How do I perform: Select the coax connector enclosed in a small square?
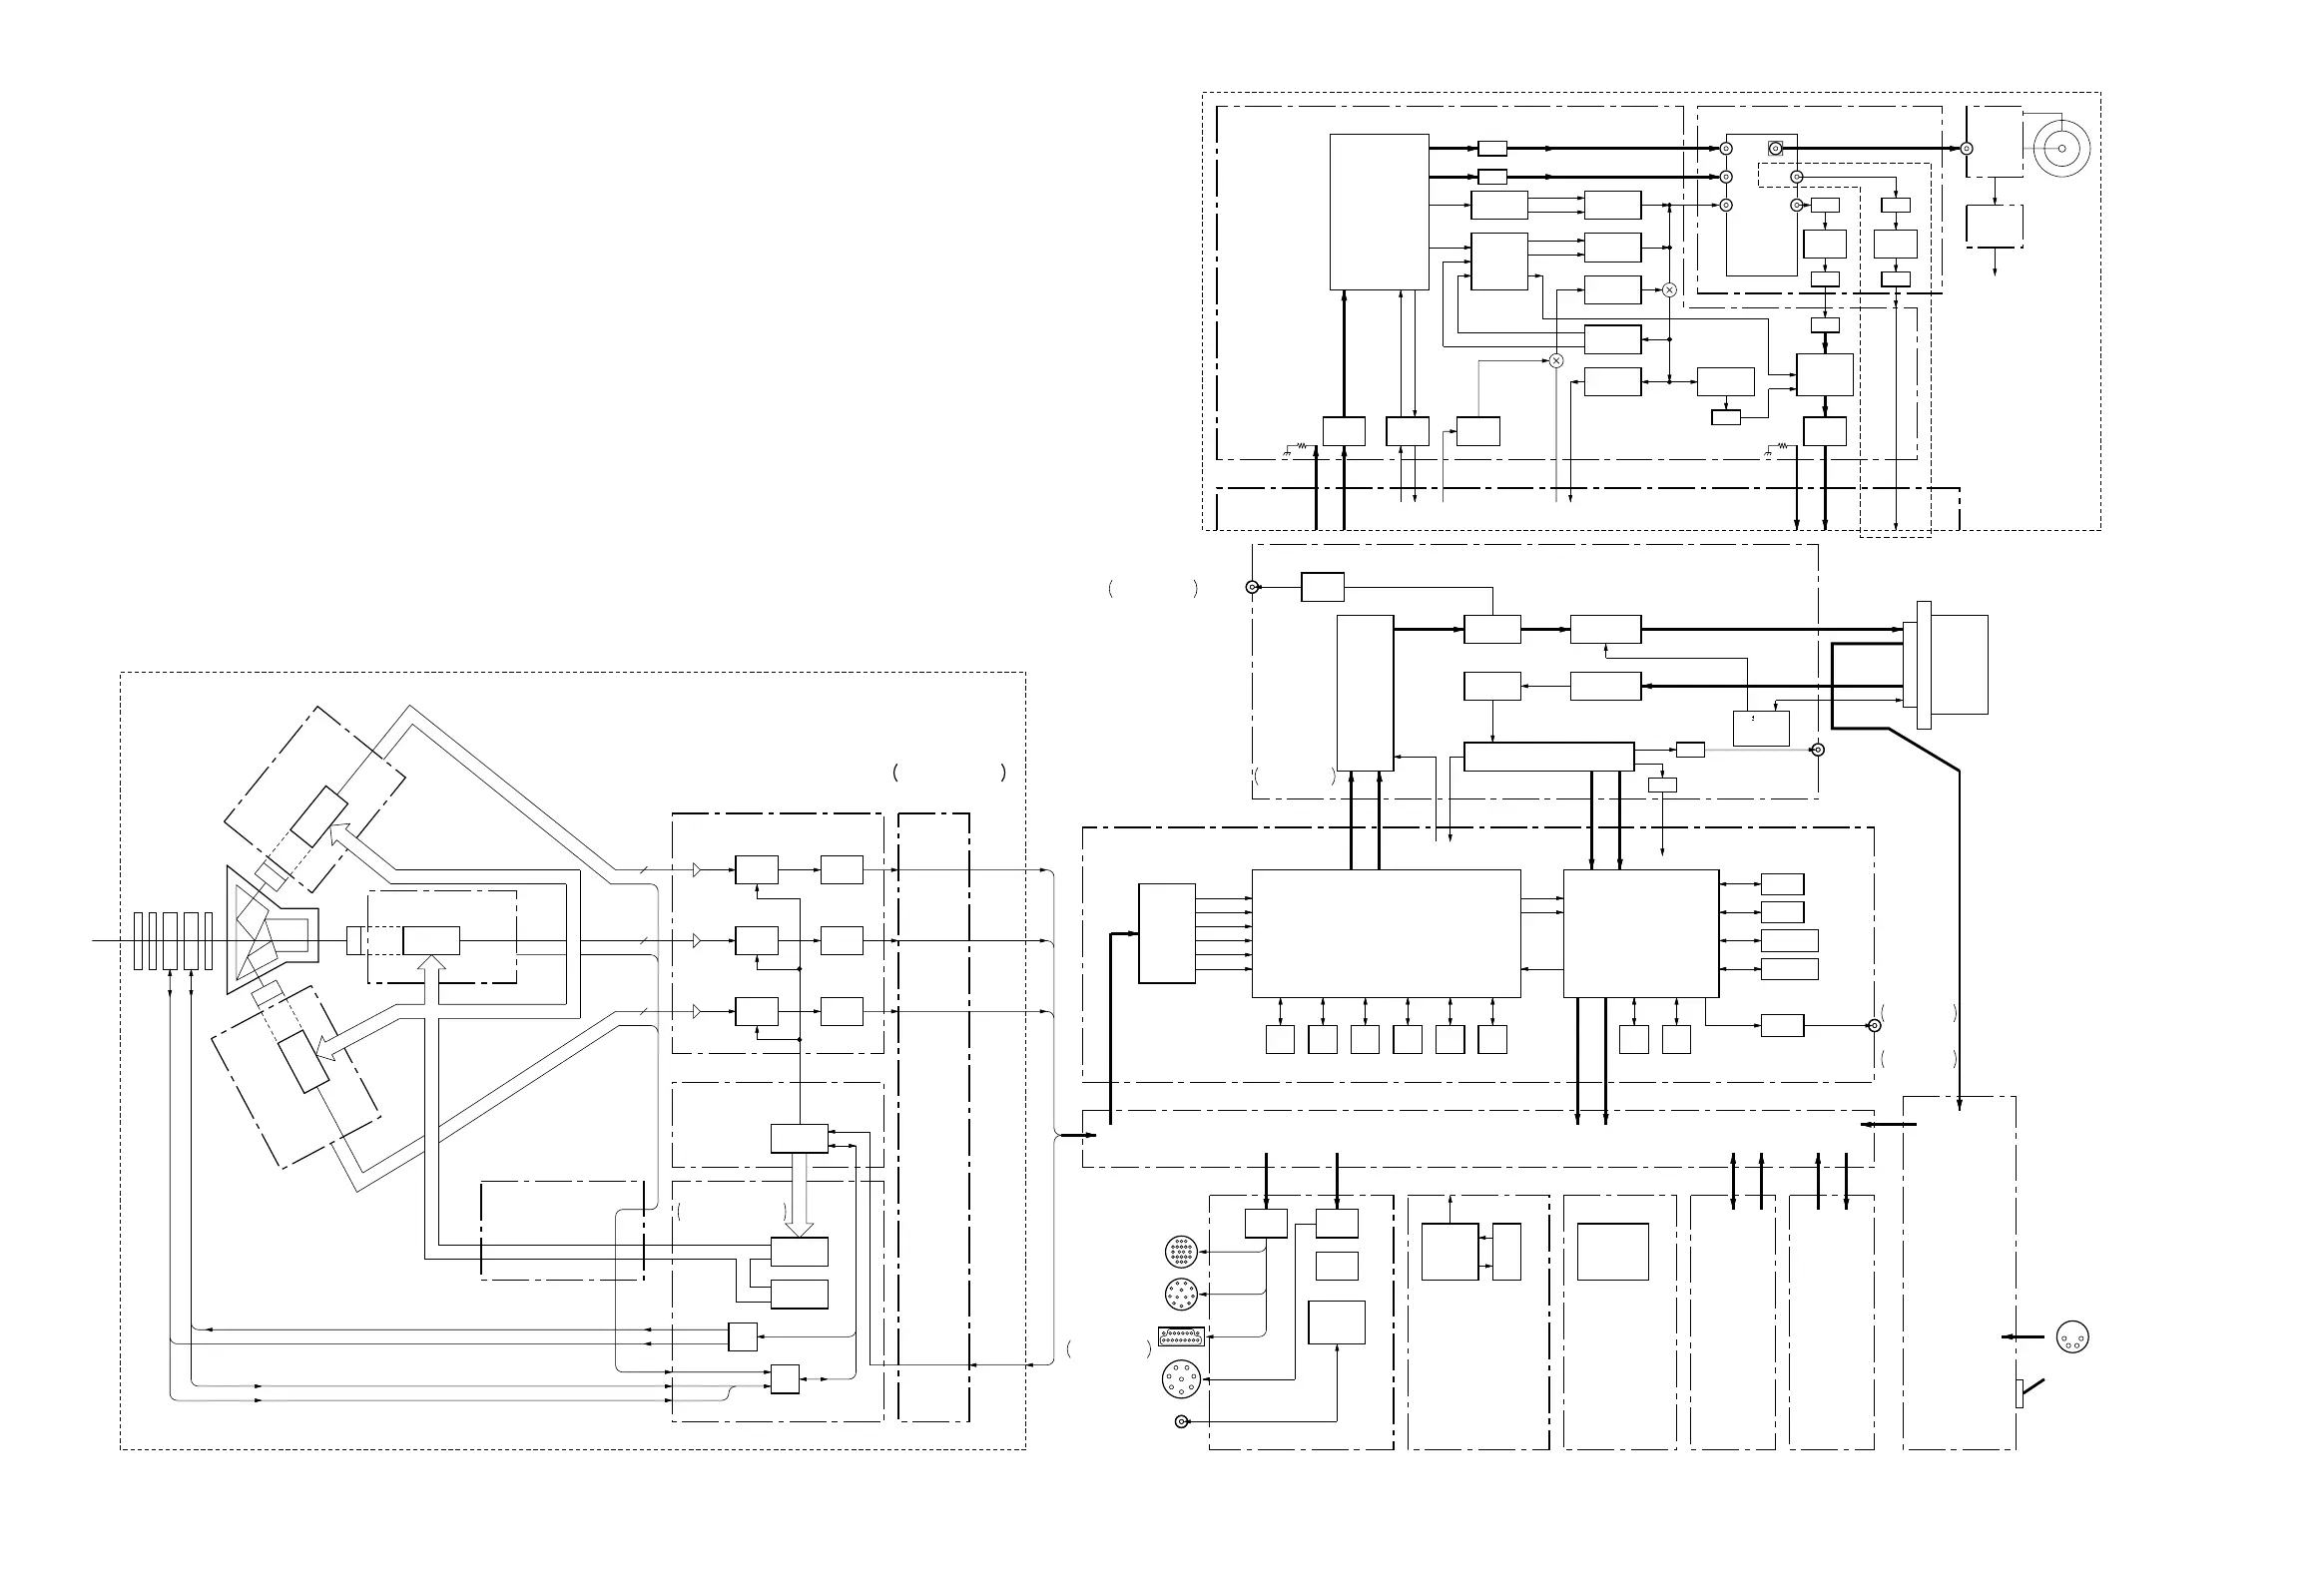pyautogui.click(x=1776, y=149)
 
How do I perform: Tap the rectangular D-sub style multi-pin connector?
pyautogui.click(x=1180, y=1336)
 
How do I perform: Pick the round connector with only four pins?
pyautogui.click(x=2073, y=1337)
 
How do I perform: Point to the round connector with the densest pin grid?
pyautogui.click(x=1180, y=1251)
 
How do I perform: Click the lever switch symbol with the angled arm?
pyautogui.click(x=2030, y=1389)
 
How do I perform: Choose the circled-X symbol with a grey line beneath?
pyautogui.click(x=1555, y=360)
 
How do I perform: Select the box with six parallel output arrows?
pyautogui.click(x=1166, y=933)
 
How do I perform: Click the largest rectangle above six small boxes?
pyautogui.click(x=1386, y=932)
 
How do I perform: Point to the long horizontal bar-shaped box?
pyautogui.click(x=1547, y=757)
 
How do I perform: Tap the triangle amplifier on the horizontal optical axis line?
pyautogui.click(x=697, y=941)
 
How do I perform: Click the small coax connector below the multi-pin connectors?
pyautogui.click(x=1182, y=1421)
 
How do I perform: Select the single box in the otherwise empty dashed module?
pyautogui.click(x=1612, y=1251)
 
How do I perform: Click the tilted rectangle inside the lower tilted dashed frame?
pyautogui.click(x=302, y=1062)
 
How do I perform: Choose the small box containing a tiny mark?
pyautogui.click(x=1761, y=728)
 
